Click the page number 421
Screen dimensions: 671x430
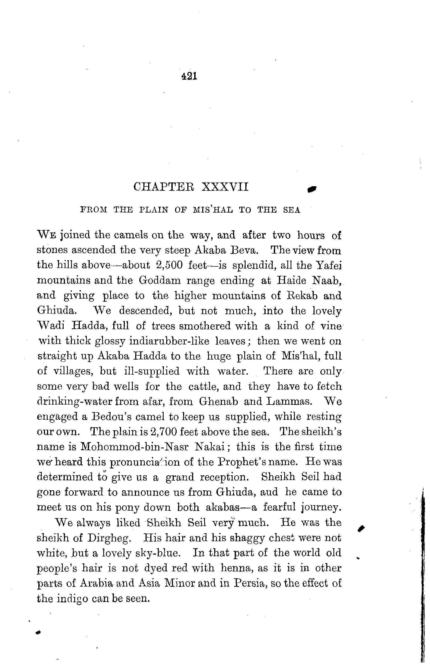(189, 76)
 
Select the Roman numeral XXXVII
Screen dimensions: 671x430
(225, 187)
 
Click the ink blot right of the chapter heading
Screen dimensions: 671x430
(312, 189)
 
